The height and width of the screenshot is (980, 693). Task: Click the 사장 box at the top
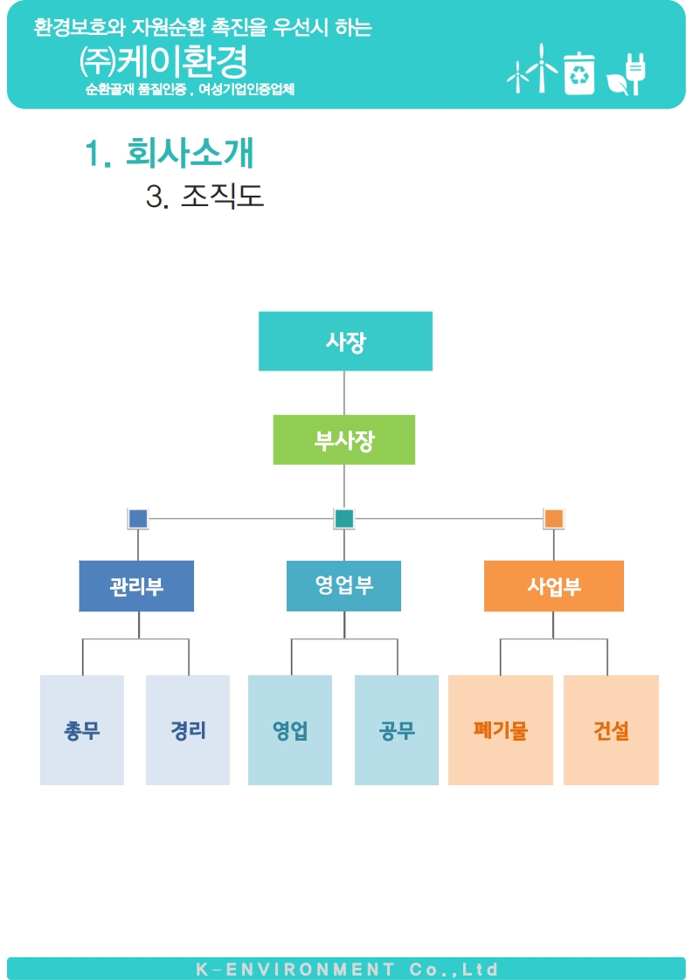(345, 342)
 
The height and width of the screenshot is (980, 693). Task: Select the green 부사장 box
(344, 440)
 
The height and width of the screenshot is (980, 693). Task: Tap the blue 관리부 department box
(136, 586)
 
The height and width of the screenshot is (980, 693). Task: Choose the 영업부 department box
(343, 586)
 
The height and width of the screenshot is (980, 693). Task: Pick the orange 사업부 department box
(554, 586)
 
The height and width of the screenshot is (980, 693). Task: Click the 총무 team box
(82, 730)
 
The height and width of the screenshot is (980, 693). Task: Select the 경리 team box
(188, 730)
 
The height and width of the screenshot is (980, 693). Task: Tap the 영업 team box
(290, 730)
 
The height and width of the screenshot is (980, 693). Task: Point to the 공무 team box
(397, 730)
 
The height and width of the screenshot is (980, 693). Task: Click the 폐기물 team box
(501, 730)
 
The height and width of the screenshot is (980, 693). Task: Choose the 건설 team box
(611, 730)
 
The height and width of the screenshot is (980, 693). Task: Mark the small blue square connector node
(138, 519)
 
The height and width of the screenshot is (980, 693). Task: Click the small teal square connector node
(344, 519)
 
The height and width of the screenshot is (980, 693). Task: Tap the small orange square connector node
(553, 519)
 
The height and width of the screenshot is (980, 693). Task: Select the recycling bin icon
(579, 72)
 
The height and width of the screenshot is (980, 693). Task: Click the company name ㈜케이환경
(163, 61)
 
